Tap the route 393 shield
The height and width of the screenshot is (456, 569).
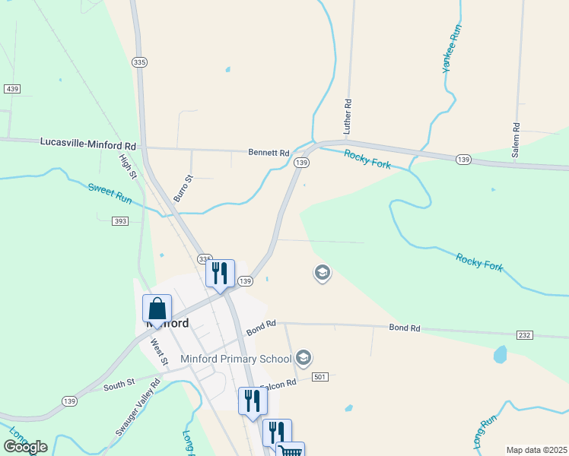[119, 221]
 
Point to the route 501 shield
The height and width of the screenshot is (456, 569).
[319, 377]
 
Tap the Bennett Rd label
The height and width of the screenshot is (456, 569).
[269, 153]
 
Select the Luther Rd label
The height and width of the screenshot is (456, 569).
[348, 117]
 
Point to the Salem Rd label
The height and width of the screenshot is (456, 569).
[516, 140]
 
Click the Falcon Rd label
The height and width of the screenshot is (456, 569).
[276, 385]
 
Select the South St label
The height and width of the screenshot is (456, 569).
[119, 385]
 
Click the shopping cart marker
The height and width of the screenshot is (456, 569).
[291, 451]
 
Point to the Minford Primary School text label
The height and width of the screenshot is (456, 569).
[236, 359]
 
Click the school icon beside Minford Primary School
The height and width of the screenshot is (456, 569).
[304, 357]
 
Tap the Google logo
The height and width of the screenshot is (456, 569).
[25, 447]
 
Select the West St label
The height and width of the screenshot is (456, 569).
[158, 352]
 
